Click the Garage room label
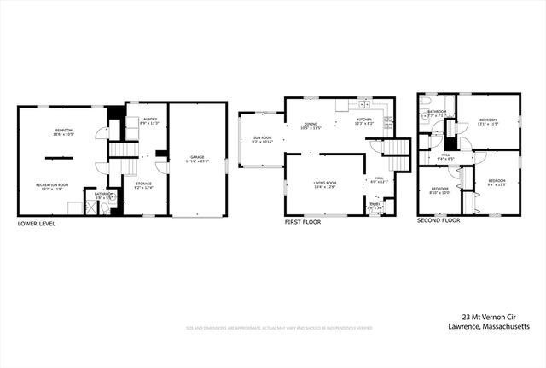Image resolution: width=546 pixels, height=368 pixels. [x=197, y=159]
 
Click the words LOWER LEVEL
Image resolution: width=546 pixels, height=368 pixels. [x=37, y=223]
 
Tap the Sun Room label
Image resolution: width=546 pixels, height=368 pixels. [x=262, y=139]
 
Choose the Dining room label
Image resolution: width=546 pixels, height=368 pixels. [x=311, y=126]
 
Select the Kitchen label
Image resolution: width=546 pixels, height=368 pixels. [x=364, y=122]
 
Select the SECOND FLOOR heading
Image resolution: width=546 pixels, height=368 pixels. [x=439, y=220]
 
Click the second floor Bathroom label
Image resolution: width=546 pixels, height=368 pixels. [x=438, y=114]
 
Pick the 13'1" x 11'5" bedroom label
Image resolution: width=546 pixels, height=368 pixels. [x=488, y=122]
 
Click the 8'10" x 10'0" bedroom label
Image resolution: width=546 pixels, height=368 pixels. [x=439, y=190]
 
